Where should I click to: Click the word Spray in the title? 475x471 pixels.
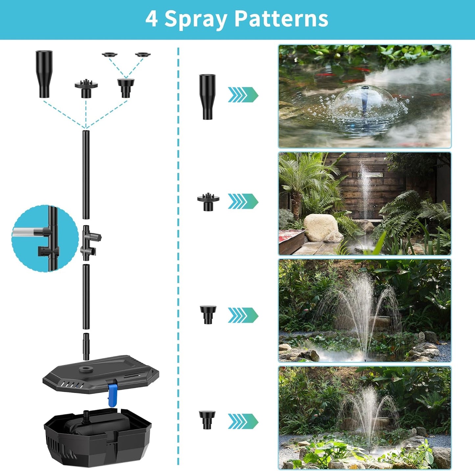(x=196, y=19)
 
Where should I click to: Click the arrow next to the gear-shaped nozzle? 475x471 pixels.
(x=243, y=201)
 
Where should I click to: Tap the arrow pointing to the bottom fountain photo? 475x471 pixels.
(x=243, y=421)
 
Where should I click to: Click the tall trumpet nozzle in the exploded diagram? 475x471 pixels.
(x=44, y=74)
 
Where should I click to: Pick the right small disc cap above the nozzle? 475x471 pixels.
(x=143, y=55)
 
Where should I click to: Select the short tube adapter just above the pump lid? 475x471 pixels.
(x=86, y=346)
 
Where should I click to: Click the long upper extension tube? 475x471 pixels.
(x=86, y=175)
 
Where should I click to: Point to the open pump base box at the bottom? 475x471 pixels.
(x=98, y=434)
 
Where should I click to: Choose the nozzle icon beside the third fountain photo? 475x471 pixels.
(x=208, y=314)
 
